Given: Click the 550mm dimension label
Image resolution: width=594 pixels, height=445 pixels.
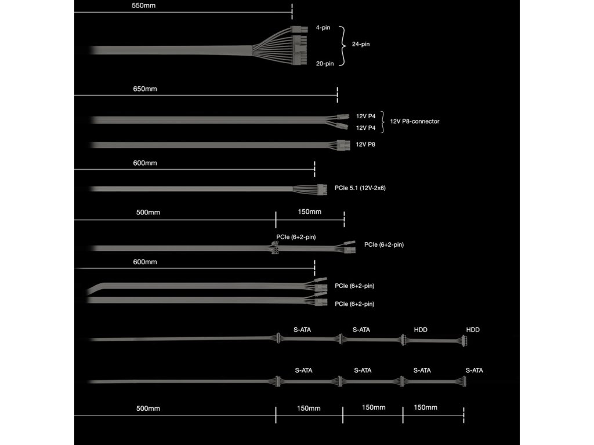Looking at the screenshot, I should (144, 6).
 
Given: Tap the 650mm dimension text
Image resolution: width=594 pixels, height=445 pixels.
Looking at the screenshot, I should (144, 89).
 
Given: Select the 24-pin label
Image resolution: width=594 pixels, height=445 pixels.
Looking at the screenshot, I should (361, 45).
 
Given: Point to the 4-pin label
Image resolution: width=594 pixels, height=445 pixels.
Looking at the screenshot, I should (323, 27).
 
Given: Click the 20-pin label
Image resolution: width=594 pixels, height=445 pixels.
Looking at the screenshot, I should (325, 64).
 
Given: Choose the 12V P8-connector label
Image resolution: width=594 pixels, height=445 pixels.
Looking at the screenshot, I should (415, 121).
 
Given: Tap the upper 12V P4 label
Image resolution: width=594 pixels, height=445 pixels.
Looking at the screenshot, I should (366, 116).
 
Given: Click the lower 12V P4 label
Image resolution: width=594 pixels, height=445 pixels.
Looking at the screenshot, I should (366, 127).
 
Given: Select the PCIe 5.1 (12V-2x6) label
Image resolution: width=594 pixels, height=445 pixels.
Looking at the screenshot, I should (360, 188).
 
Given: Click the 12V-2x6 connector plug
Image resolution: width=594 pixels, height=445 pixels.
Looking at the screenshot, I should (320, 188).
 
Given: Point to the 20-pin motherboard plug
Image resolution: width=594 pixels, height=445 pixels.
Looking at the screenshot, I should (300, 51).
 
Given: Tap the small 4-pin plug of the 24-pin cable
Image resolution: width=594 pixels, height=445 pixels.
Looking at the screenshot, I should (299, 28).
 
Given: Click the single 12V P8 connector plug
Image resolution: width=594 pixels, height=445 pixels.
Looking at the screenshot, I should (342, 144).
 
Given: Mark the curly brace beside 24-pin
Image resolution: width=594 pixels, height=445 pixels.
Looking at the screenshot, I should (343, 45).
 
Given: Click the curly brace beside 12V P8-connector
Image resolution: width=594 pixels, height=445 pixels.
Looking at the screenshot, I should (383, 121).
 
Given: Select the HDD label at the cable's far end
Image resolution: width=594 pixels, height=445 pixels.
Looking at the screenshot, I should (473, 330).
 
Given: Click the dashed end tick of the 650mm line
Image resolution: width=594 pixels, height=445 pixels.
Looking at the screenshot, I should (338, 96).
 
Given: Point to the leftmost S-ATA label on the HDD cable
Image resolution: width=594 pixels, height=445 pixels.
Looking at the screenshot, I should (302, 330).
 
